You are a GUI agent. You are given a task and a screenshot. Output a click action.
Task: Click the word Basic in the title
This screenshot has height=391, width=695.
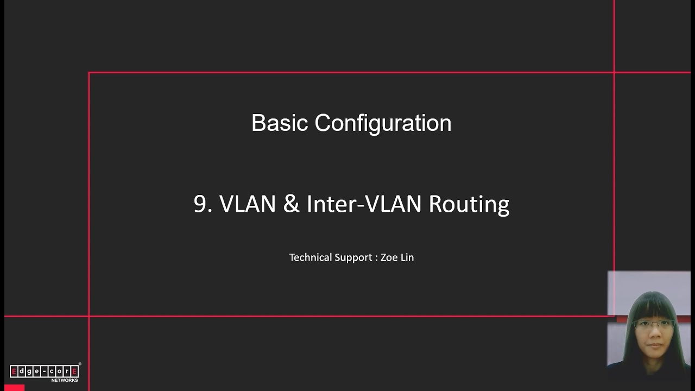click(280, 123)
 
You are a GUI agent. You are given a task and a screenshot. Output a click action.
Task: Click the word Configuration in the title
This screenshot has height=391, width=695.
click(383, 124)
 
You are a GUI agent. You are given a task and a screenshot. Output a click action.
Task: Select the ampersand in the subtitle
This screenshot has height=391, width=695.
click(292, 204)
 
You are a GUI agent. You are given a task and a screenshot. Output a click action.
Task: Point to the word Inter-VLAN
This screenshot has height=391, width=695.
click(364, 204)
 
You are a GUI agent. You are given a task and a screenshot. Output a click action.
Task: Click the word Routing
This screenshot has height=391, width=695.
click(469, 205)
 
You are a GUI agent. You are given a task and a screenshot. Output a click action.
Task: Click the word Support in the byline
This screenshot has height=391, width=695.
click(353, 258)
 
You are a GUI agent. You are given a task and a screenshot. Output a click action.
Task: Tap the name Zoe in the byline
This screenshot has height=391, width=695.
click(389, 257)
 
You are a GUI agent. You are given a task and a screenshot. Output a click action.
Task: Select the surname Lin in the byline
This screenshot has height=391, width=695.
click(407, 257)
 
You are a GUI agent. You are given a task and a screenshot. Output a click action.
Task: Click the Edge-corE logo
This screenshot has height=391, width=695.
click(44, 371)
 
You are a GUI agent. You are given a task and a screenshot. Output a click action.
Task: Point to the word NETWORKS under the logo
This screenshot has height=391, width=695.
click(65, 380)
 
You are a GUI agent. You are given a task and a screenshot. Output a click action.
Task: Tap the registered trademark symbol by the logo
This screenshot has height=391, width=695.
click(80, 364)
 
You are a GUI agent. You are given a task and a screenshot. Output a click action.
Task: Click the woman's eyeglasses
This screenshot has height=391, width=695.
click(653, 325)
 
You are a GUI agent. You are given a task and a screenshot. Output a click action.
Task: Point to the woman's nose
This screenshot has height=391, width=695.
click(655, 333)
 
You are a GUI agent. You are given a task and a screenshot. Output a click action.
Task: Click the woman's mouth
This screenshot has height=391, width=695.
click(655, 345)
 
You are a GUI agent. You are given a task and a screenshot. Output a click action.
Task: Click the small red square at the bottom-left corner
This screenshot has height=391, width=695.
click(14, 388)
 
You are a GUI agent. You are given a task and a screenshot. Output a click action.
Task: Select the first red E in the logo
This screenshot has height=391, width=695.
click(14, 371)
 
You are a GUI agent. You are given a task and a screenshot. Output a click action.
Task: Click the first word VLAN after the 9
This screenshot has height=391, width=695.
click(248, 204)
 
